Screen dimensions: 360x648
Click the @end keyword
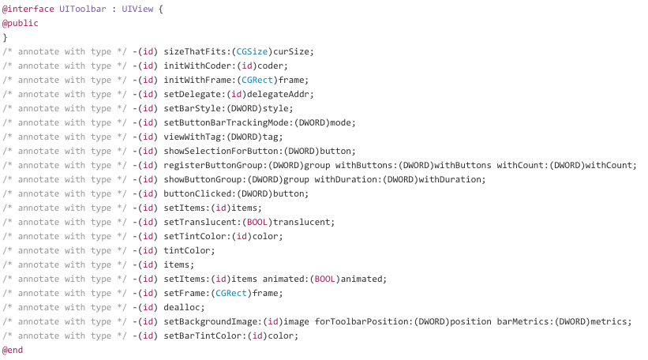click(12, 350)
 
